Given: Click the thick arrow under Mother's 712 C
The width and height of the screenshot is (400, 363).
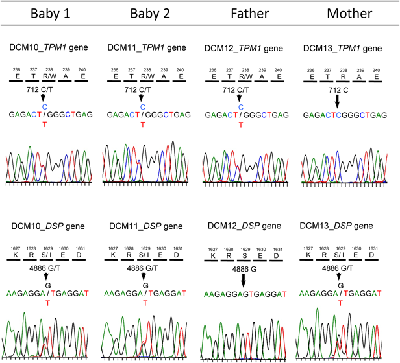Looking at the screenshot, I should [338, 102].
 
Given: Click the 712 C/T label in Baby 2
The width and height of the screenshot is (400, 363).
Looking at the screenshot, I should [141, 90].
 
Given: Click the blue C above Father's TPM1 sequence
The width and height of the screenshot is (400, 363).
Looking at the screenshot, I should [240, 106].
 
